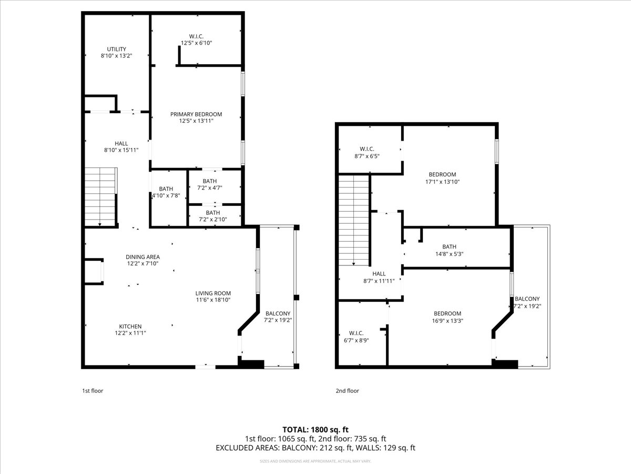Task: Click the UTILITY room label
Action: tap(116, 49)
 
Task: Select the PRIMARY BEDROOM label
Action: tap(196, 114)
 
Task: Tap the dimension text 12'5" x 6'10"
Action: tap(196, 43)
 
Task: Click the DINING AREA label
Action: tap(143, 257)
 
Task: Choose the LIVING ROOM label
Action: tap(213, 293)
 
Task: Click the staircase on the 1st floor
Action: tap(100, 196)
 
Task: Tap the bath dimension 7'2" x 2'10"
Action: tap(213, 220)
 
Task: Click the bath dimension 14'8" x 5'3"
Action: tap(449, 253)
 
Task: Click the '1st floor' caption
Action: tap(93, 391)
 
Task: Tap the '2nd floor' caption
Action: tap(347, 391)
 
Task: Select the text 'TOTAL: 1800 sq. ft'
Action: tap(315, 429)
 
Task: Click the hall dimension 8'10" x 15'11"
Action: tap(121, 150)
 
